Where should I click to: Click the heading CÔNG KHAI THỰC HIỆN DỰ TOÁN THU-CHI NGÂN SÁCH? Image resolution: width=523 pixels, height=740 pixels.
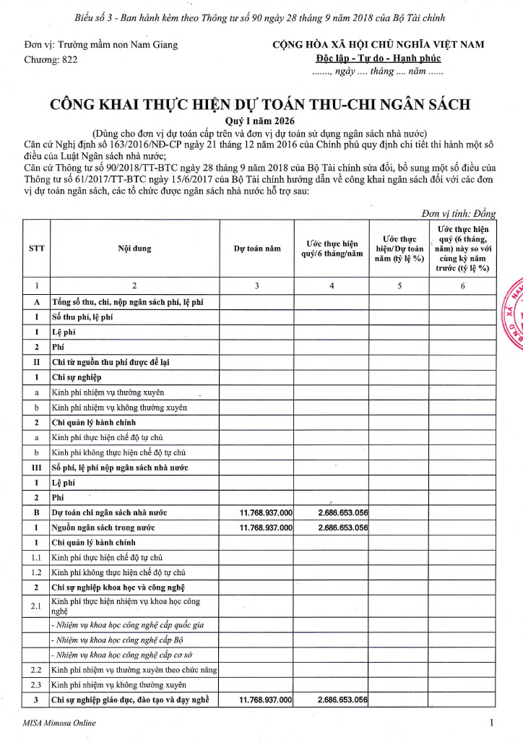(259, 105)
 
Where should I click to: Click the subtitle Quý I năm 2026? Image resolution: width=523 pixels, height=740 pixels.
(260, 121)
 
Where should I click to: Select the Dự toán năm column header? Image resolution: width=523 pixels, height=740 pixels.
(256, 249)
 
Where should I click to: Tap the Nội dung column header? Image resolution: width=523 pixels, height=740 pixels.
(134, 249)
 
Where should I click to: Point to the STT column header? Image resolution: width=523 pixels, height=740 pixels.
(36, 249)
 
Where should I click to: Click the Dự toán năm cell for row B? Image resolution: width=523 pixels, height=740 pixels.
(266, 512)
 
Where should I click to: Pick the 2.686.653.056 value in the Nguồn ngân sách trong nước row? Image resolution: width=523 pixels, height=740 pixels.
(343, 528)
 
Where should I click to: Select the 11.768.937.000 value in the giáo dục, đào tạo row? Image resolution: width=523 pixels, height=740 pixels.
(266, 700)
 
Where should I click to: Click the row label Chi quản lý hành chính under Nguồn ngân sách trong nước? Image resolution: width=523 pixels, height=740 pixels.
(95, 542)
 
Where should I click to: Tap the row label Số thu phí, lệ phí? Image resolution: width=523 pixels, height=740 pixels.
(82, 317)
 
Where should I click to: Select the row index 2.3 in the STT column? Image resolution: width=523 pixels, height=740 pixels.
(36, 684)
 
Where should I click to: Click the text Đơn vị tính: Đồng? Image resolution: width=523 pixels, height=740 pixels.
(459, 214)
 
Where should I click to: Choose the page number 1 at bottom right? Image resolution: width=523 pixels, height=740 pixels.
(491, 722)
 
